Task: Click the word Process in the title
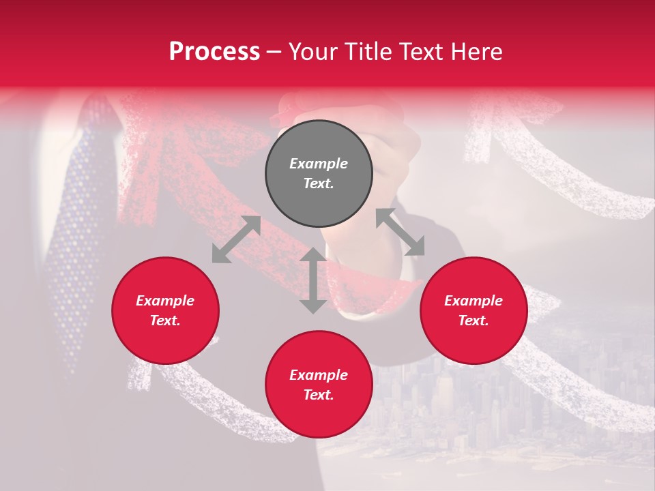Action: click(214, 52)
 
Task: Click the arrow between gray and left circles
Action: click(236, 239)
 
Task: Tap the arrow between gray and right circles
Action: click(401, 232)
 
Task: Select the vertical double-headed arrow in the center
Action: click(313, 280)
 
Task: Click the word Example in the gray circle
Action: click(319, 164)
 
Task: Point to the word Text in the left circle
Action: click(165, 321)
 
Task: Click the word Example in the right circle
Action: click(474, 301)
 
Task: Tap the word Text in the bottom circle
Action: click(319, 395)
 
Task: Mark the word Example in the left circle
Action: click(165, 301)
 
